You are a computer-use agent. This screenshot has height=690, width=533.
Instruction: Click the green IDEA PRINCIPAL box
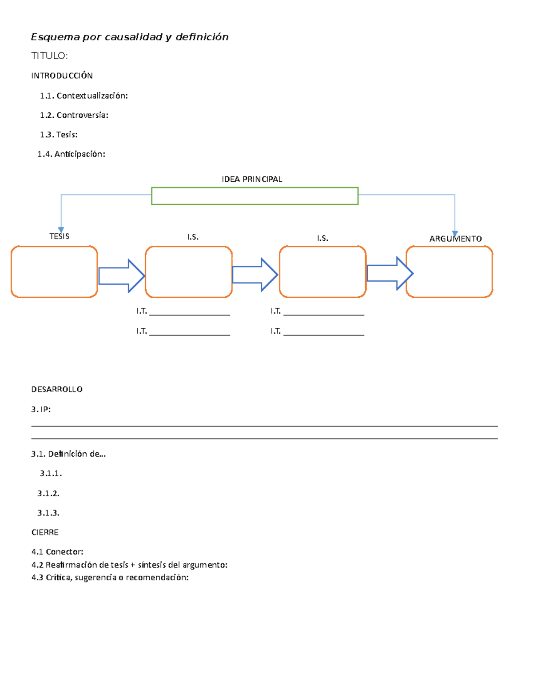(255, 196)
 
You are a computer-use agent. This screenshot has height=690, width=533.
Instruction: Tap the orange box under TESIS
(54, 271)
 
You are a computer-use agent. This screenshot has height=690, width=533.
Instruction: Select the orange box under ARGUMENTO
(449, 271)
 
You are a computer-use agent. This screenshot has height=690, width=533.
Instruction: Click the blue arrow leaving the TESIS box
(121, 276)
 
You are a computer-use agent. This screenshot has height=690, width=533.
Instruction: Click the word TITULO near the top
(49, 56)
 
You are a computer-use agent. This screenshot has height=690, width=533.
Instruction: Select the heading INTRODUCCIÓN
(62, 76)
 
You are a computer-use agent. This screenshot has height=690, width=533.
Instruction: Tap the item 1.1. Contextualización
(84, 96)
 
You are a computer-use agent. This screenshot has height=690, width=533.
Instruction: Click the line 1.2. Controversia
(74, 115)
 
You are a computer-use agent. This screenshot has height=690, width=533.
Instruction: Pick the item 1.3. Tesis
(59, 135)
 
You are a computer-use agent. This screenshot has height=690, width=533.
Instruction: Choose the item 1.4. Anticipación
(71, 154)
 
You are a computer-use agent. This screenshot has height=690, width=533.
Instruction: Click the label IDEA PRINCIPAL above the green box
(252, 179)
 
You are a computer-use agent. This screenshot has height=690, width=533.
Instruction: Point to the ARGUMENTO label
(455, 239)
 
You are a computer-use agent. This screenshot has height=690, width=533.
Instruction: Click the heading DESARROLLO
(57, 389)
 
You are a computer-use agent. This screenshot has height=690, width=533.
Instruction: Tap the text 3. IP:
(41, 409)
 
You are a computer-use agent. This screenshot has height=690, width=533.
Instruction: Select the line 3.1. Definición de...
(68, 454)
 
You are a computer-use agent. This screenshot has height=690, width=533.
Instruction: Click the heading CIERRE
(45, 532)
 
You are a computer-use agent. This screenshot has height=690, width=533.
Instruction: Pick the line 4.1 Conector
(57, 552)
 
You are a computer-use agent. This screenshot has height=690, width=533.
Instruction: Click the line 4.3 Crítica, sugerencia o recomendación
(110, 578)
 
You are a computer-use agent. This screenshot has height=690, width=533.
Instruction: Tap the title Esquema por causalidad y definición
(130, 37)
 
